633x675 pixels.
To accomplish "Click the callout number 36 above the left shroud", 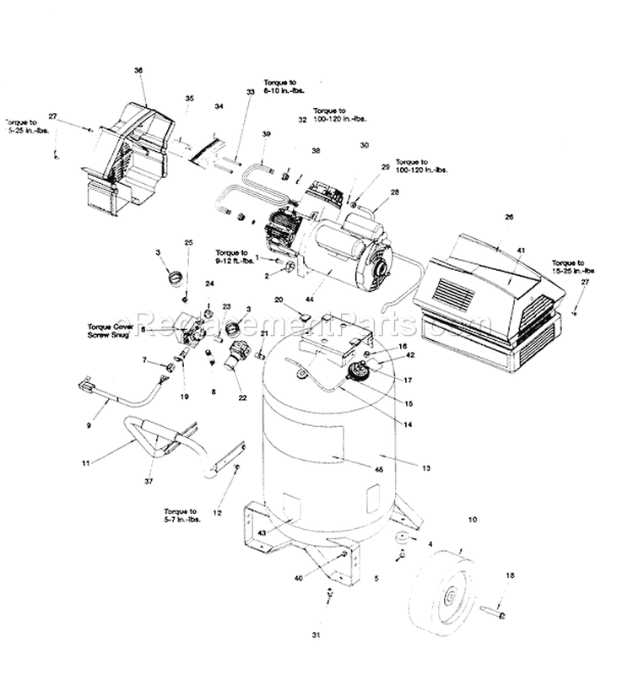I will [x=138, y=72].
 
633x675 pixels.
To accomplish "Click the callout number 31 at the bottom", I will [x=328, y=634].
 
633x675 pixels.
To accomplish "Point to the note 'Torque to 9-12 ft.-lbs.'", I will [x=232, y=256].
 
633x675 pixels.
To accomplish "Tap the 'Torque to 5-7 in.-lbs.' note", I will [x=181, y=516].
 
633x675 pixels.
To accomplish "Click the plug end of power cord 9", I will [x=86, y=389].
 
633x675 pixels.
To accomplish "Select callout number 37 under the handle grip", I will [x=150, y=482].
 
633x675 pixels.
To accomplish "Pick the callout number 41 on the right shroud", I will [x=522, y=251].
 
